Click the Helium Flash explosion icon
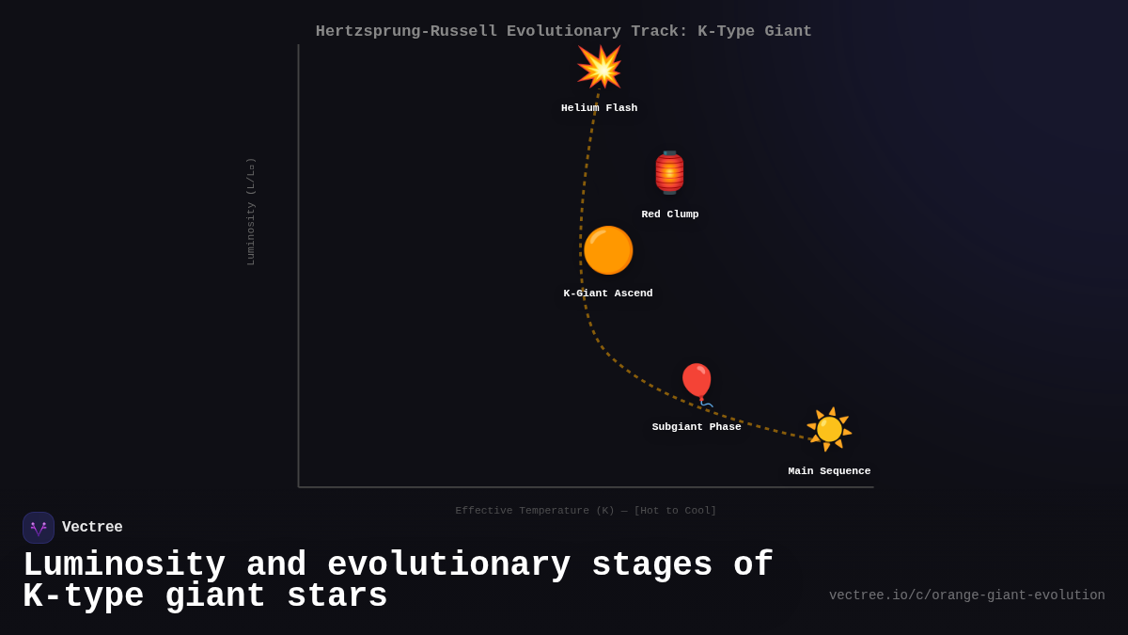pos(599,67)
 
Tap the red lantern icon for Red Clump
pos(669,172)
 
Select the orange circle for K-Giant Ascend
pos(608,250)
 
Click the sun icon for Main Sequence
pos(829,429)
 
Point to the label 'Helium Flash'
pos(599,108)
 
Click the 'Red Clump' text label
pos(669,214)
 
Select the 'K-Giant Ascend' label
pos(607,294)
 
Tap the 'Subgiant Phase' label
pos(697,427)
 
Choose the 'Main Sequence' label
pos(829,471)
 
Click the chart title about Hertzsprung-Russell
pos(563,31)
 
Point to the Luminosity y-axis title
pos(251,211)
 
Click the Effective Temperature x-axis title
pos(586,511)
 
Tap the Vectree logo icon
pos(39,528)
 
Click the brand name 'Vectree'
pos(92,528)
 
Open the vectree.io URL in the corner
pos(966,595)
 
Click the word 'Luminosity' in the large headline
pos(124,565)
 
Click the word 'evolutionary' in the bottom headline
pos(449,565)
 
